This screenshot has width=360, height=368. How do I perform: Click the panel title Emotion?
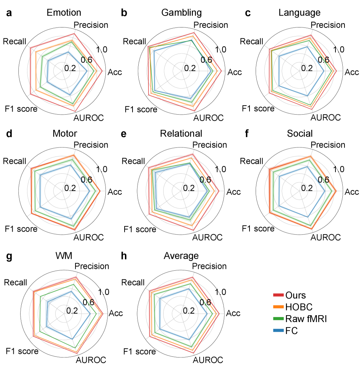[64, 13]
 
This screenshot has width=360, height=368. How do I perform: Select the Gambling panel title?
[181, 13]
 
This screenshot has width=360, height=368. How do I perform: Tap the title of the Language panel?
[299, 13]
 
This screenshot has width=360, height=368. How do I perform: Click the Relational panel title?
[181, 134]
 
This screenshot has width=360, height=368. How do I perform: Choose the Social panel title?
[299, 134]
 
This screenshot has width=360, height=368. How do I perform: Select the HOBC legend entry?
[298, 307]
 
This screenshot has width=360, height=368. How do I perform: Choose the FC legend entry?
[291, 330]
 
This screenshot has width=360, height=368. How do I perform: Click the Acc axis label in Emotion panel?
[114, 72]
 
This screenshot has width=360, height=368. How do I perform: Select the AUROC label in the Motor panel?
[88, 238]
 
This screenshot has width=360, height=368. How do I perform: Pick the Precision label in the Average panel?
[209, 266]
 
